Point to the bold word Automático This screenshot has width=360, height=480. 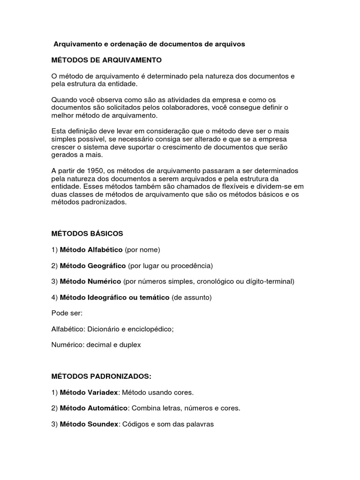coord(106,408)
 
